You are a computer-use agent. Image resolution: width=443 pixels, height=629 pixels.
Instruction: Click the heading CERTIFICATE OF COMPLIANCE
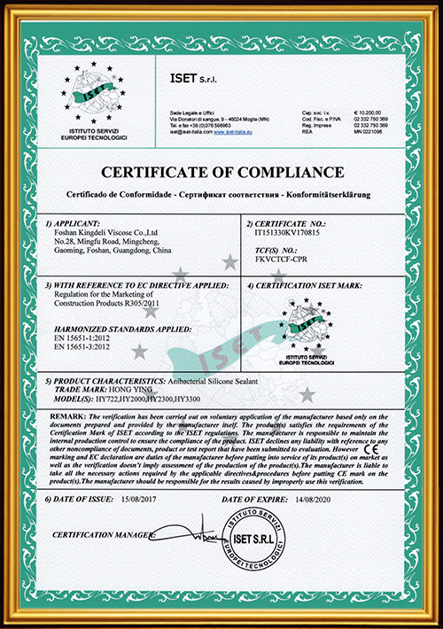click(221, 170)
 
